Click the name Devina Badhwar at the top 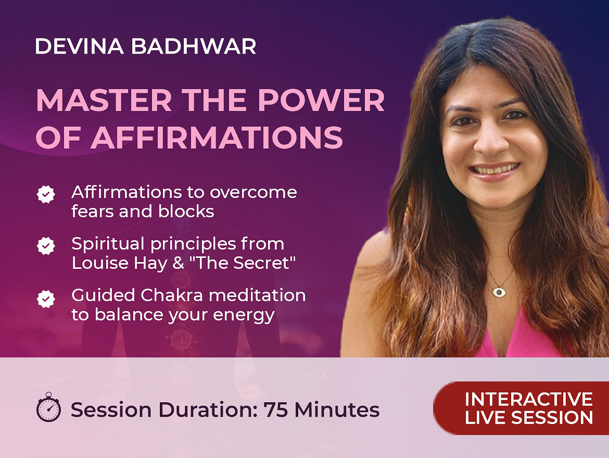coord(146,46)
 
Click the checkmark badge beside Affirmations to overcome coord(46,194)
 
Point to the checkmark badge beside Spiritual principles coord(46,246)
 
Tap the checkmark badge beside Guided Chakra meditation coord(46,299)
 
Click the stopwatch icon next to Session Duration coord(48,407)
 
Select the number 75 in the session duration coord(276,410)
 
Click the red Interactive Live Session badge coord(521,408)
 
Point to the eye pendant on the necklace coord(499,292)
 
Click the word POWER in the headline coord(321,101)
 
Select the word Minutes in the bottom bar coord(337,410)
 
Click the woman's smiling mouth coord(494,171)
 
